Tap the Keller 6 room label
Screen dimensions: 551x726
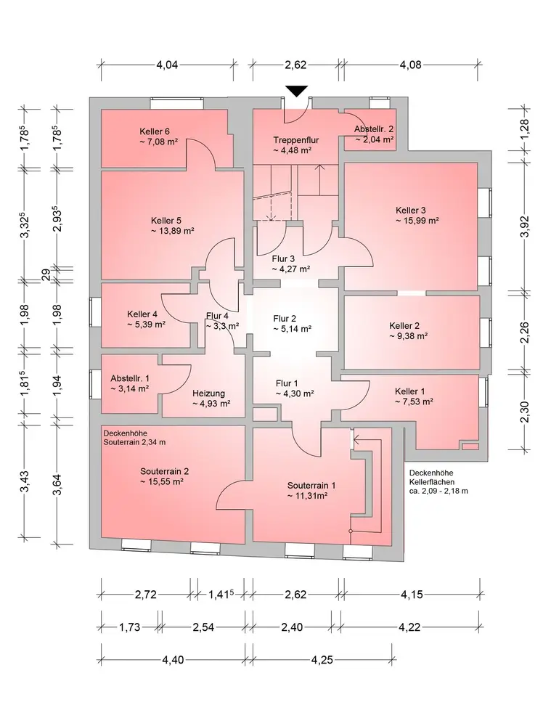(x=155, y=131)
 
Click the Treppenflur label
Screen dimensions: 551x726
(x=296, y=140)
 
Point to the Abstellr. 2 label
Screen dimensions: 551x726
(x=374, y=129)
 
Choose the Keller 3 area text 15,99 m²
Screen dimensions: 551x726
(x=417, y=220)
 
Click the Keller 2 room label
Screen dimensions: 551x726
(x=405, y=326)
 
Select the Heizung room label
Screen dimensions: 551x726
(x=208, y=393)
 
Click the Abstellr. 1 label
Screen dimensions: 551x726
(x=130, y=378)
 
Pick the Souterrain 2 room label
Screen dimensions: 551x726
(x=165, y=470)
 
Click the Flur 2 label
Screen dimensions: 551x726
(x=285, y=318)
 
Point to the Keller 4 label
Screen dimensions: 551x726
(x=142, y=314)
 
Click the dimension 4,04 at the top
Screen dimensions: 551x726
(x=167, y=65)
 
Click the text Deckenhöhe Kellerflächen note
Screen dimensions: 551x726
(x=438, y=482)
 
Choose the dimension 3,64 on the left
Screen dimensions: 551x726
(x=58, y=483)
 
